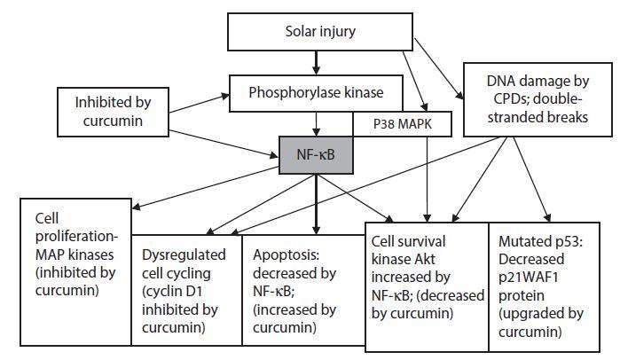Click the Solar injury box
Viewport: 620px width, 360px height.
tap(316, 32)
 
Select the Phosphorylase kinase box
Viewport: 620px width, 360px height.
tap(316, 90)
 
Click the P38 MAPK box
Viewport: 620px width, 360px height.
tap(404, 122)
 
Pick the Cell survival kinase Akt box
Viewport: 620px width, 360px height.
tap(427, 274)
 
